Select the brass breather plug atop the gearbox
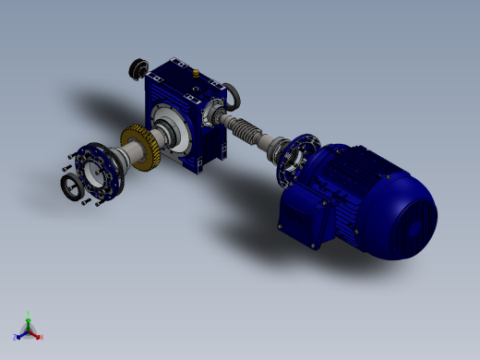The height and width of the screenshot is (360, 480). [196, 70]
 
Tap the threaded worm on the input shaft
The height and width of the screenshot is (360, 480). [247, 132]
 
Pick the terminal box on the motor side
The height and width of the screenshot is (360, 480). [304, 222]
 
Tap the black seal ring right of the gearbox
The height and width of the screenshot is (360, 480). [234, 93]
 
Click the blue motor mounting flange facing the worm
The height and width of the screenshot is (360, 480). [298, 162]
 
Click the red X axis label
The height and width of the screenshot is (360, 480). [42, 338]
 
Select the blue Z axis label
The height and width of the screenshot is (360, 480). [16, 337]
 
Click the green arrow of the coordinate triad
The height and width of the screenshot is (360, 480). [30, 320]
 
